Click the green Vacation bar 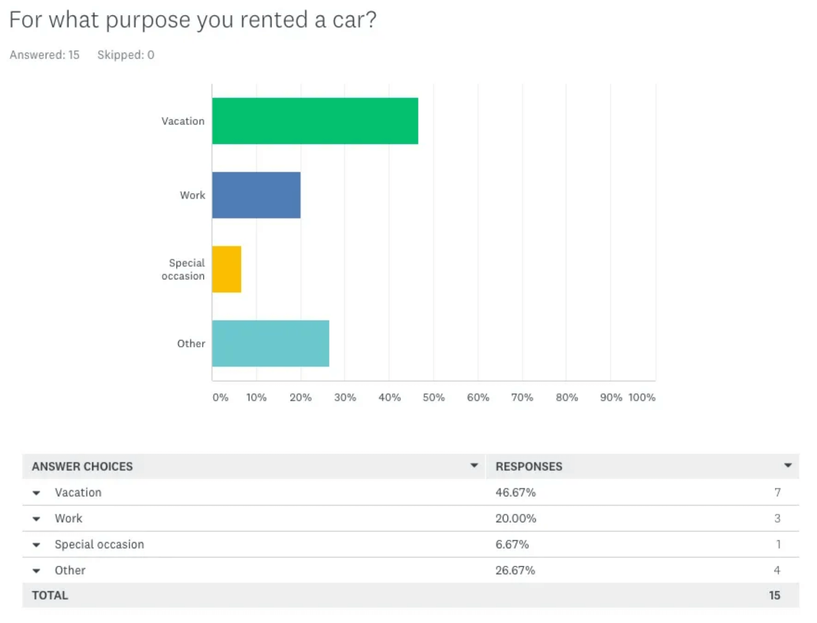pyautogui.click(x=315, y=121)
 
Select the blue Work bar pyautogui.click(x=256, y=195)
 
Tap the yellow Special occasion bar pyautogui.click(x=226, y=269)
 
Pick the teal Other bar pyautogui.click(x=271, y=343)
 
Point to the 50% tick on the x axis pyautogui.click(x=433, y=397)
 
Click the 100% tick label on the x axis pyautogui.click(x=641, y=397)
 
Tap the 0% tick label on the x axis pyautogui.click(x=220, y=397)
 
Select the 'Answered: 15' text pyautogui.click(x=44, y=55)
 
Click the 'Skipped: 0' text pyautogui.click(x=126, y=55)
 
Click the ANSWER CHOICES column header pyautogui.click(x=82, y=466)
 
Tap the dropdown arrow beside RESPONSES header pyautogui.click(x=788, y=465)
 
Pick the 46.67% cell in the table pyautogui.click(x=515, y=492)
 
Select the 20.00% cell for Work pyautogui.click(x=516, y=518)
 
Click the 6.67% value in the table pyautogui.click(x=512, y=544)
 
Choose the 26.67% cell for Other pyautogui.click(x=515, y=570)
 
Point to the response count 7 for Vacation pyautogui.click(x=777, y=492)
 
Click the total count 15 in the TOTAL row pyautogui.click(x=774, y=595)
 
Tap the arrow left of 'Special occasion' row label pyautogui.click(x=36, y=544)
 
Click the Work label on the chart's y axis pyautogui.click(x=192, y=195)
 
